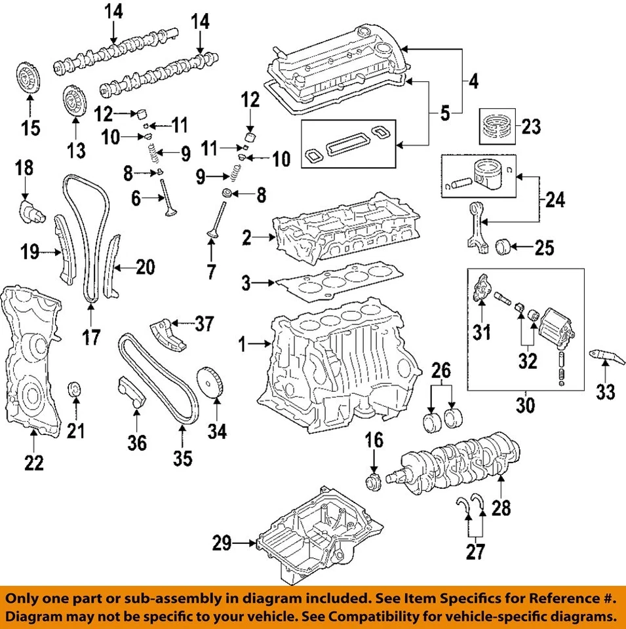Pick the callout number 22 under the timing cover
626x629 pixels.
point(33,463)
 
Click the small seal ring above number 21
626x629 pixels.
point(76,392)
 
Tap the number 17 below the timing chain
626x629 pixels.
point(92,337)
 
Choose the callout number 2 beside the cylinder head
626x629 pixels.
point(246,238)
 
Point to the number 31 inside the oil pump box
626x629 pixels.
point(482,333)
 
